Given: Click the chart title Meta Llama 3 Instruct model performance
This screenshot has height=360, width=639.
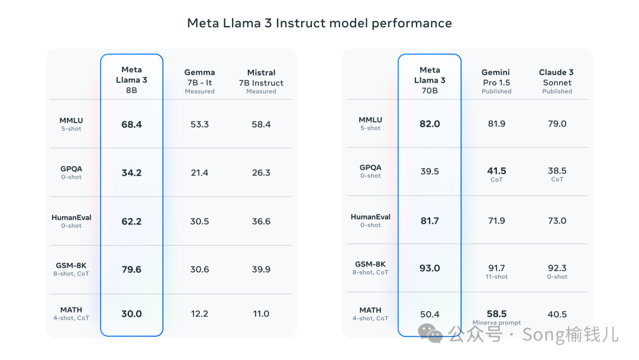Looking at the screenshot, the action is point(319,23).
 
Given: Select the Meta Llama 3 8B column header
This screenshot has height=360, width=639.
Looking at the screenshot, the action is point(131,80).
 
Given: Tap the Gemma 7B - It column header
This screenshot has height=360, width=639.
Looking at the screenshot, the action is point(200,81).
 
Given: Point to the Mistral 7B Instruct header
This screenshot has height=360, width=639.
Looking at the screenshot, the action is point(262,82).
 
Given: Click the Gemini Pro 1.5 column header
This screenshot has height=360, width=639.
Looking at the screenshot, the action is point(496,81).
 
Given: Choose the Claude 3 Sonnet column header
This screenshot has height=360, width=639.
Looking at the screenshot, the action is point(557,81).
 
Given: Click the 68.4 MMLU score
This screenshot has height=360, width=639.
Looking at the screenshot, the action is point(131,124).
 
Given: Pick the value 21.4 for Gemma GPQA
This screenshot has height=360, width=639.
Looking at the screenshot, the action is point(200,173).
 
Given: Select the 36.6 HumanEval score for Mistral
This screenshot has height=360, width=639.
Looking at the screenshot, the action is point(262,221).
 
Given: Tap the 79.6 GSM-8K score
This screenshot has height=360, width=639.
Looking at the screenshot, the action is point(131,269).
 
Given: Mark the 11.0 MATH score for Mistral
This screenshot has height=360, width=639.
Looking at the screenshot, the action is point(262,314).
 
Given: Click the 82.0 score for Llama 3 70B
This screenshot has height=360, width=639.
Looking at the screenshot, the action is point(430,124).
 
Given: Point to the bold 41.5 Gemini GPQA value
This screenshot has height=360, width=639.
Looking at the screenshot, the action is point(497,171).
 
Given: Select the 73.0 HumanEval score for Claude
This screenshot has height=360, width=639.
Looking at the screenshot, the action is point(557,221).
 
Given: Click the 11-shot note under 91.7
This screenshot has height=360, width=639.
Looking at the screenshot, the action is point(497,277).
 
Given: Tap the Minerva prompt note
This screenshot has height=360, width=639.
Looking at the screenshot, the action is point(497,323).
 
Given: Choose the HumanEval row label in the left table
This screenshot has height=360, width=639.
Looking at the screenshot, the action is point(72,221).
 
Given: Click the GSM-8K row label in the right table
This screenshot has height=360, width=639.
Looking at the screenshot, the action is point(370,268).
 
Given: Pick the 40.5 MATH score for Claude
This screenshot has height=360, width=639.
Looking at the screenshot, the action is point(557,314).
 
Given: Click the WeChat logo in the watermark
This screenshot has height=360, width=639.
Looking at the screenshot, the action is point(430,333).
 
